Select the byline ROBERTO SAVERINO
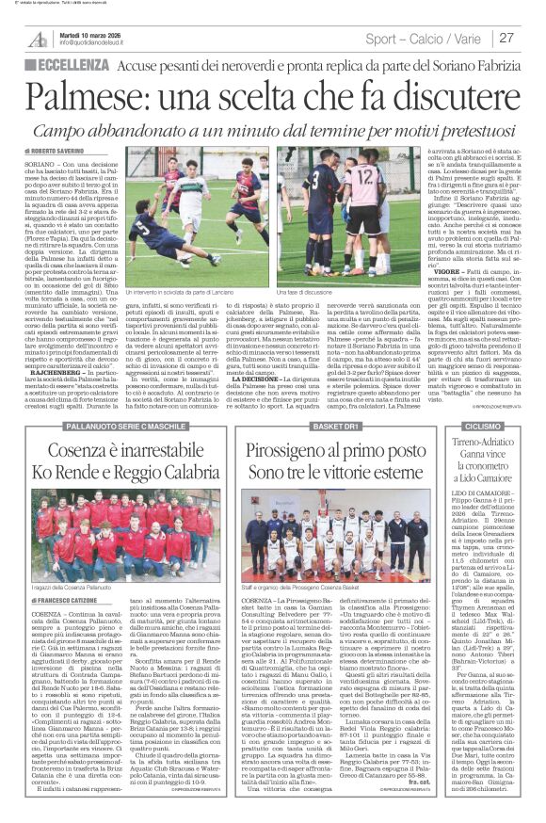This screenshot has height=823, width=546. click(59, 151)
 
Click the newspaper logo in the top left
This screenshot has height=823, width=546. click(36, 38)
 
